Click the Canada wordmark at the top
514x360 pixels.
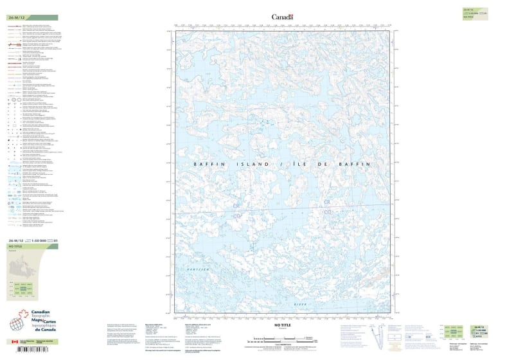click(x=281, y=17)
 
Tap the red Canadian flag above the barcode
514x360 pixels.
click(x=14, y=342)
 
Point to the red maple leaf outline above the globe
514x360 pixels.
click(x=24, y=314)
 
